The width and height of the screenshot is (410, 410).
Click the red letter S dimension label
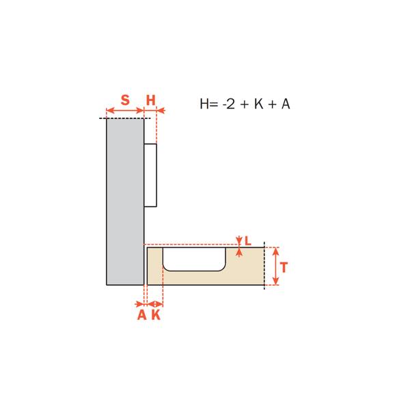pos(125,100)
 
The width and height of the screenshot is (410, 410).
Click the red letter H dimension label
pos(150,100)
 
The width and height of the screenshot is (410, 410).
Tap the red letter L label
pos(247,241)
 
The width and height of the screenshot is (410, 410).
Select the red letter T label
pos(284,267)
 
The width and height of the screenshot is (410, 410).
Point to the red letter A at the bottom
pos(141,315)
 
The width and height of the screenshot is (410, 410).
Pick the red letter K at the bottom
pos(156,315)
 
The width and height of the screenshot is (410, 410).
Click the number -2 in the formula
pos(228,104)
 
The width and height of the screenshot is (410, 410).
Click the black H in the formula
pos(204,104)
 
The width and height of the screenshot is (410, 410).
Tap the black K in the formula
pos(258,104)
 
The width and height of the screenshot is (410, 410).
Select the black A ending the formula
pos(286,104)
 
